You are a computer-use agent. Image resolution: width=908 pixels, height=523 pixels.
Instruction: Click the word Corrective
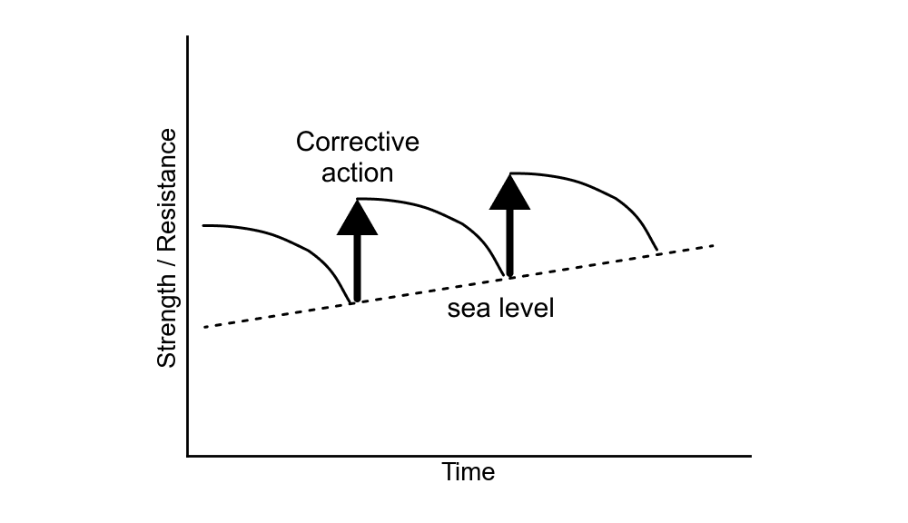point(358,143)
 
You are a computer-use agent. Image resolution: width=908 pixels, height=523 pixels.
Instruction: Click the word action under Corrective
point(357,172)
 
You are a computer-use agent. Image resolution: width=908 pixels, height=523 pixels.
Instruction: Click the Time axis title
point(469,473)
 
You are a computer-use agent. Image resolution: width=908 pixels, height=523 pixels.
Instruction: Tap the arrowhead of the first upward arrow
point(356,219)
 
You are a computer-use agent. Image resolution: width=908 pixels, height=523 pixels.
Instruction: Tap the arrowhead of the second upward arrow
point(509,192)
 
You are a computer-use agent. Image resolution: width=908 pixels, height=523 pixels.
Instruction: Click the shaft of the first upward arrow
point(356,268)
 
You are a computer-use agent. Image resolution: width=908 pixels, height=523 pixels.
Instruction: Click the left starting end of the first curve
point(203,224)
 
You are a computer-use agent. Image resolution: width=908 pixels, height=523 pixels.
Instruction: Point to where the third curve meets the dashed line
point(656,251)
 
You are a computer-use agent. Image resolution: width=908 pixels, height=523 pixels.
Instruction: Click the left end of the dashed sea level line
point(205,327)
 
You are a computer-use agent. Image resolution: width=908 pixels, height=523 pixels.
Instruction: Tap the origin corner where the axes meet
point(188,455)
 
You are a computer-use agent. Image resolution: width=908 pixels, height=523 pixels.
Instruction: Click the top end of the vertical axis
point(188,37)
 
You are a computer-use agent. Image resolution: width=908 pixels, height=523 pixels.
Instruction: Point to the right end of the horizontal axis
point(750,455)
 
